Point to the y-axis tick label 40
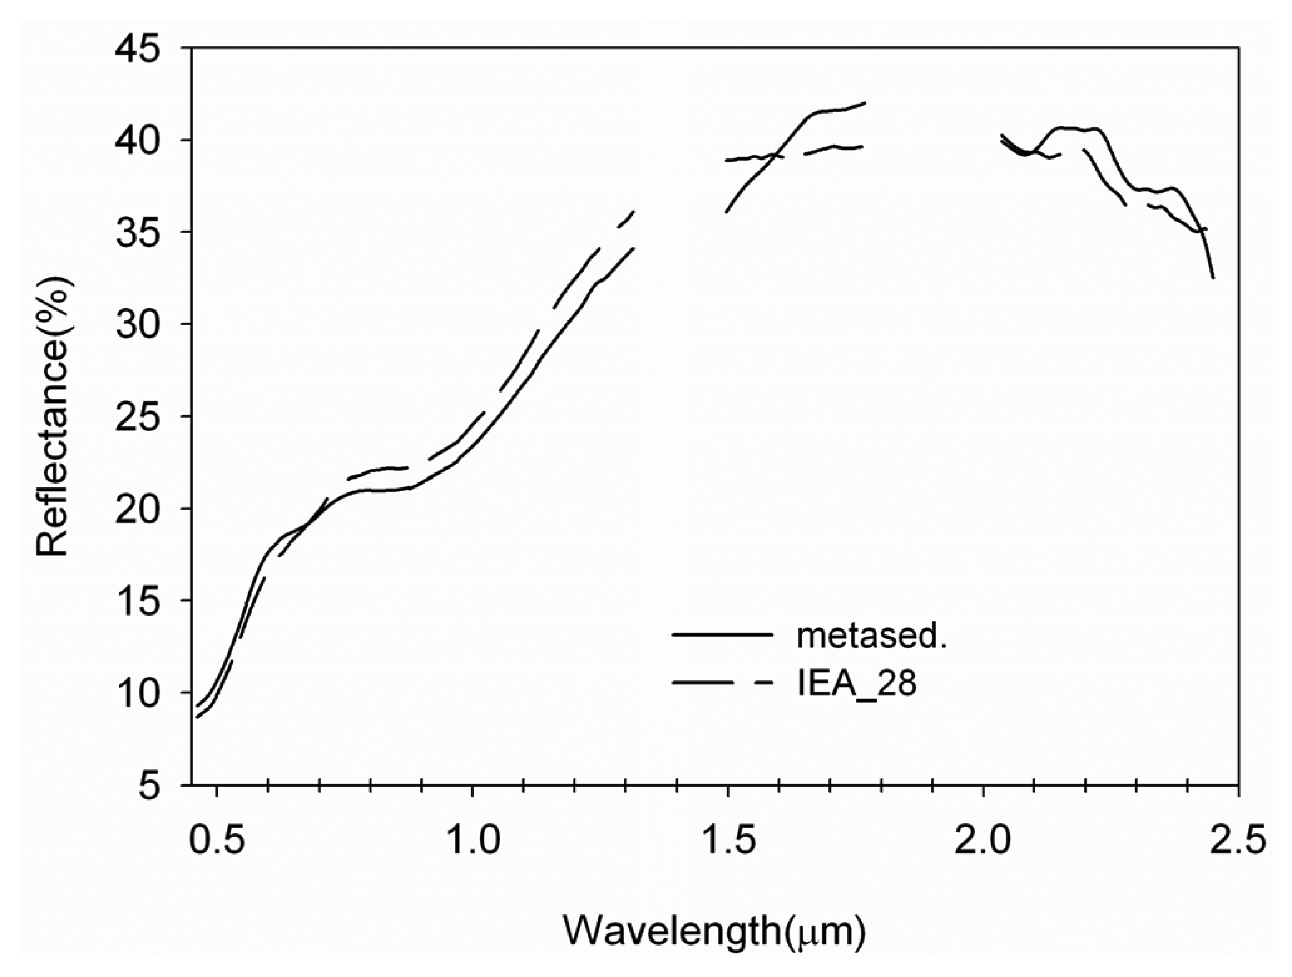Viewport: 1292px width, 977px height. click(x=138, y=140)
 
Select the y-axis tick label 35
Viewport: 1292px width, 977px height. click(x=138, y=232)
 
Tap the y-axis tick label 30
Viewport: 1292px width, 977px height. click(x=138, y=324)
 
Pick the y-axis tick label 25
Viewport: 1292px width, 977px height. click(x=138, y=416)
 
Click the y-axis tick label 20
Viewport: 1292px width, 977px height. click(x=138, y=508)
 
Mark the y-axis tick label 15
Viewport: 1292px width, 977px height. click(x=138, y=600)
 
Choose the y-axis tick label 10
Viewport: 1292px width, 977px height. click(x=138, y=693)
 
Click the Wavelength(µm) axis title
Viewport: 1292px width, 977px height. click(x=714, y=930)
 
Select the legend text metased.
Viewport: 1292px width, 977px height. click(x=871, y=636)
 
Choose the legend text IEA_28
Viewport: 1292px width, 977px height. click(x=857, y=683)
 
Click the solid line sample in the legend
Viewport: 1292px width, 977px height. click(x=722, y=634)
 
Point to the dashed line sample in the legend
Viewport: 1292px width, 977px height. click(x=722, y=682)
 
